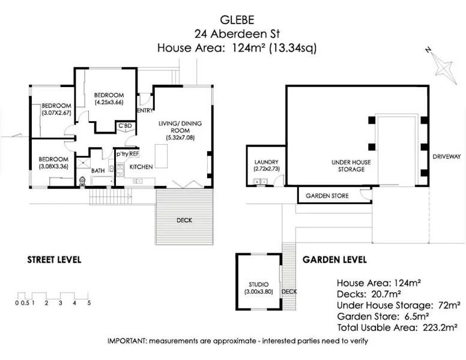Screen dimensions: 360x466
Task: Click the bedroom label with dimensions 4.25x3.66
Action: point(109,98)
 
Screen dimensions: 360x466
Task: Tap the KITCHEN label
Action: point(141,166)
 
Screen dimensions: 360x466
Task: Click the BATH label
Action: point(98,171)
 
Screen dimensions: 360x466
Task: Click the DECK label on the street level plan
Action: point(184,220)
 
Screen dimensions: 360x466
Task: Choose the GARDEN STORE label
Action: point(327,196)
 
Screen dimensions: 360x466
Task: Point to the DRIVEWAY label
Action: point(447,157)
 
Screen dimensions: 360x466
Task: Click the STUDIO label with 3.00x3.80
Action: point(258,287)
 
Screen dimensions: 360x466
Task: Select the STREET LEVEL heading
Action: point(54,260)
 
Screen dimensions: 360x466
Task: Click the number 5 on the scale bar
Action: point(89,303)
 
